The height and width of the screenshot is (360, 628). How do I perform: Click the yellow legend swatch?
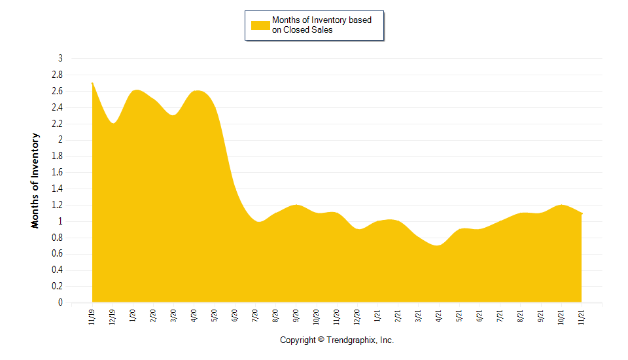(x=260, y=26)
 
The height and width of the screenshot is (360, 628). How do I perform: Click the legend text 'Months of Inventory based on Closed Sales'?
(x=321, y=25)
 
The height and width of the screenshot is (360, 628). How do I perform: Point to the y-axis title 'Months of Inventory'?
(x=35, y=181)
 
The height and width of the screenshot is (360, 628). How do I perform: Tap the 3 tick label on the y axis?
(x=60, y=58)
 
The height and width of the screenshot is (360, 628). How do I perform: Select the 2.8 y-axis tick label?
(x=57, y=75)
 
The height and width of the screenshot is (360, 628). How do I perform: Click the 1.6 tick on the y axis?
(x=57, y=172)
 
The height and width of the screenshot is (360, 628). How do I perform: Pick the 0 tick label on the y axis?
(x=60, y=302)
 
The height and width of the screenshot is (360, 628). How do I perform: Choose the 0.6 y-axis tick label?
(x=57, y=254)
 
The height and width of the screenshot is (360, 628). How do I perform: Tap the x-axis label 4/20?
(x=194, y=316)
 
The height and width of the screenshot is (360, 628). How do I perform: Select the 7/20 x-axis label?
(x=256, y=316)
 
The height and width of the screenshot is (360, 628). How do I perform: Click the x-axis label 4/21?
(x=440, y=316)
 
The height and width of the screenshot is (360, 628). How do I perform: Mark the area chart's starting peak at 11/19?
(x=92, y=83)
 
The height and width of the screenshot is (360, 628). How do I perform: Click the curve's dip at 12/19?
(x=113, y=123)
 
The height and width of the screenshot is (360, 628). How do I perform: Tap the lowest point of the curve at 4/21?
(x=438, y=245)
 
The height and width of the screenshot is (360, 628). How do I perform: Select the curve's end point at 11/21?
(x=582, y=213)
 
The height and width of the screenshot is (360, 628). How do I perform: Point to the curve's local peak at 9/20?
(x=296, y=205)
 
